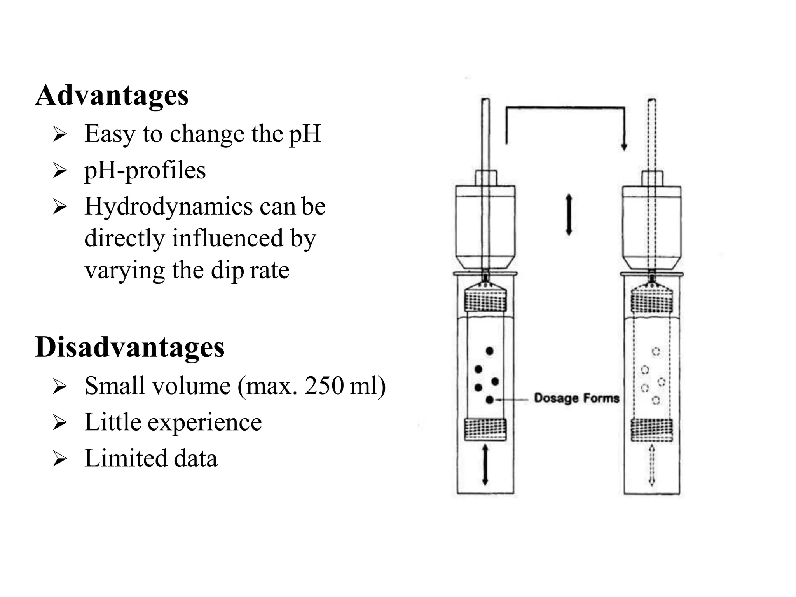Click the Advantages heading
tap(112, 95)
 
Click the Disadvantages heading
tap(129, 347)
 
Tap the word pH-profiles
tap(145, 170)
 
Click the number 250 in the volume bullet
tap(324, 386)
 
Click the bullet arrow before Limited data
tap(60, 459)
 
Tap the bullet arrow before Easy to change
tap(60, 134)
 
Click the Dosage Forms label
tap(576, 398)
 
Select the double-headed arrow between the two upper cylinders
tap(569, 215)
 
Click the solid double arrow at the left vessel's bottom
tap(485, 465)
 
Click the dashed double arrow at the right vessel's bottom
tap(652, 465)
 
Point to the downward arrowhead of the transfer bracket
tap(624, 147)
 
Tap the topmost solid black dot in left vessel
tap(490, 351)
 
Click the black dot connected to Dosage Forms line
tap(490, 399)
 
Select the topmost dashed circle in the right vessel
tap(656, 351)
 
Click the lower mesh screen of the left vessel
tap(485, 429)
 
